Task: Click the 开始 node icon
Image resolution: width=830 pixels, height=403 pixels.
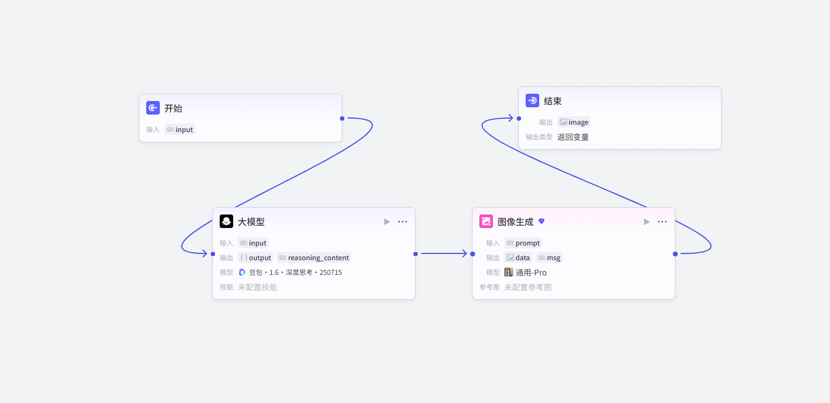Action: click(x=152, y=108)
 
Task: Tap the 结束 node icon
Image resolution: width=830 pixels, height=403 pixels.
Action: click(x=532, y=100)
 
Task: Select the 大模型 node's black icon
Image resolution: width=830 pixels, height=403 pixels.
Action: click(x=226, y=221)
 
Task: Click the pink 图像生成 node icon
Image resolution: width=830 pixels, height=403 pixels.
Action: click(x=486, y=221)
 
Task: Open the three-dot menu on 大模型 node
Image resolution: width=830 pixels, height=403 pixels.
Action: click(x=403, y=221)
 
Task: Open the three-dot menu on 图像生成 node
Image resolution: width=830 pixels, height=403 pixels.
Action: click(x=662, y=221)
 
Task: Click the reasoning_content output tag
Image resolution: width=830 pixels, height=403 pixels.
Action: click(x=314, y=257)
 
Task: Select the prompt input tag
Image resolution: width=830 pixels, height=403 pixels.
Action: click(x=523, y=243)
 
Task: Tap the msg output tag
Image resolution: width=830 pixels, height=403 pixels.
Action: click(x=549, y=257)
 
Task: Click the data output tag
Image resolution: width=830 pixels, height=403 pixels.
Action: click(x=518, y=257)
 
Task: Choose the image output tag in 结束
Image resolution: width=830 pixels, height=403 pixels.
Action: click(x=574, y=122)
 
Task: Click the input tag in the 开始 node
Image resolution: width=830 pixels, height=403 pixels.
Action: click(x=180, y=129)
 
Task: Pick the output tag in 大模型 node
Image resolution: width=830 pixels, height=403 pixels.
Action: click(x=255, y=257)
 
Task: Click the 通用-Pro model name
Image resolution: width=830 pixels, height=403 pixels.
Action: click(x=531, y=273)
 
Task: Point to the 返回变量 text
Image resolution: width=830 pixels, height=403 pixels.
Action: click(x=573, y=137)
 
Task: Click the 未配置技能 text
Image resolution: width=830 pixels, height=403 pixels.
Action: click(x=257, y=287)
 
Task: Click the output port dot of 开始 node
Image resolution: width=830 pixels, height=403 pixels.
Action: click(x=342, y=119)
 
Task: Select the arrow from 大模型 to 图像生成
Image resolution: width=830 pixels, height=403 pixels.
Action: click(x=444, y=254)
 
